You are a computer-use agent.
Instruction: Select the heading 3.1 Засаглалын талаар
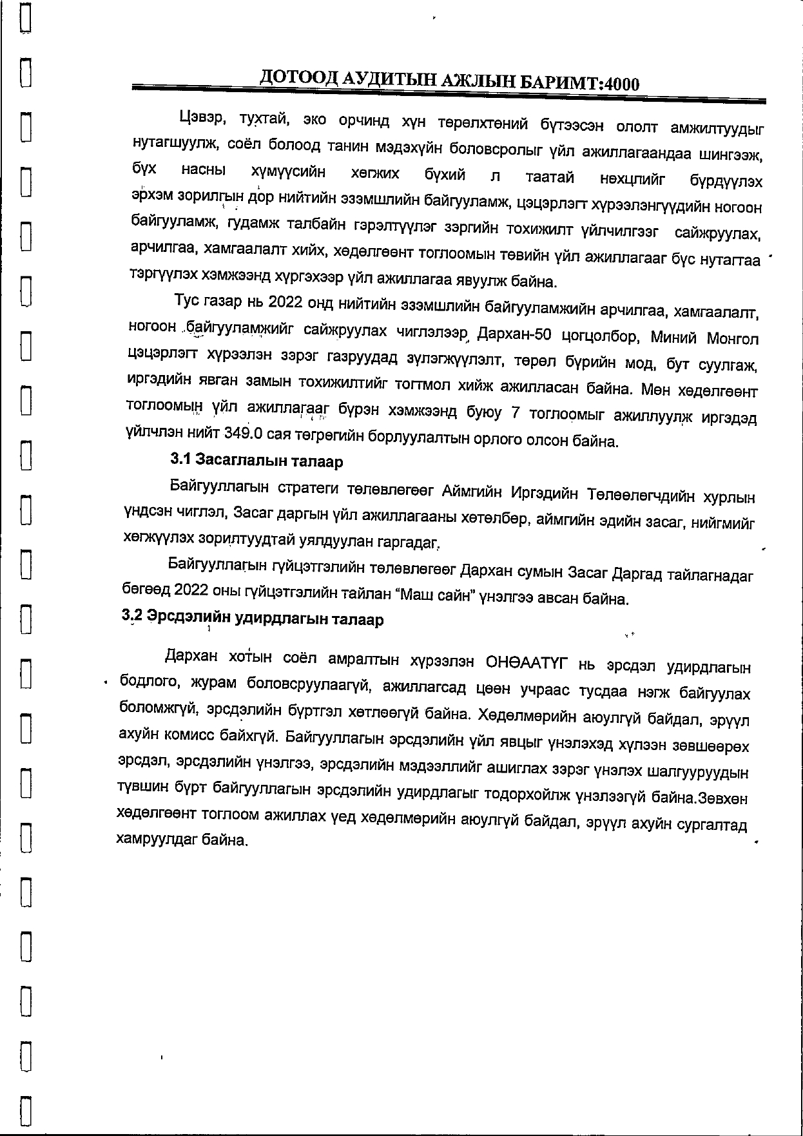pyautogui.click(x=256, y=461)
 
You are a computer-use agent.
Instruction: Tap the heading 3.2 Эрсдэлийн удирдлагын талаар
pyautogui.click(x=253, y=619)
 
